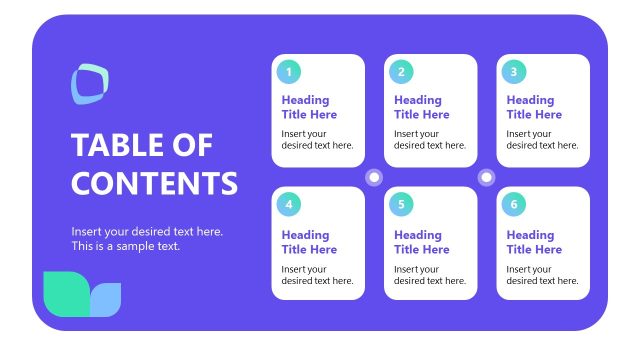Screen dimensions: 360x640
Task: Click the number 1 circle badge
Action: (x=289, y=71)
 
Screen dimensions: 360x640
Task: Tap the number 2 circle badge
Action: (x=401, y=71)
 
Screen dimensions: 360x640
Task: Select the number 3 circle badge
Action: (x=513, y=71)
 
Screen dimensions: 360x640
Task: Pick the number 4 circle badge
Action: (x=289, y=205)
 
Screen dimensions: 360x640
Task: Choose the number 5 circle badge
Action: (x=401, y=205)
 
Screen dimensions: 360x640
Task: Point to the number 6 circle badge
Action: (x=513, y=205)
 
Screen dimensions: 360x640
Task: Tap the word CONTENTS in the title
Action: (x=154, y=183)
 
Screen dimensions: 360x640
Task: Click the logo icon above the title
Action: (x=89, y=83)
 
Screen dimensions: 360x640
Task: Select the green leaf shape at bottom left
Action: (x=66, y=291)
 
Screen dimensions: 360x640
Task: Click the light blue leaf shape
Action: (x=106, y=298)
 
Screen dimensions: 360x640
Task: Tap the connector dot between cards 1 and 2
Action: (x=375, y=177)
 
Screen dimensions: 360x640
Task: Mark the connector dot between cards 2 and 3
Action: (x=487, y=177)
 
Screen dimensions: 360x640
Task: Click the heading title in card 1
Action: (x=309, y=107)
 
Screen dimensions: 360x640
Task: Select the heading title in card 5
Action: (x=421, y=242)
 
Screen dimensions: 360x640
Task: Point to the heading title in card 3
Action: (x=534, y=107)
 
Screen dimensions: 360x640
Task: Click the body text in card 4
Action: (x=317, y=275)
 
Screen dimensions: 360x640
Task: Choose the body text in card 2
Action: (x=429, y=139)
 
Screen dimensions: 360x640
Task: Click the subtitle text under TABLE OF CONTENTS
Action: (x=147, y=239)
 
